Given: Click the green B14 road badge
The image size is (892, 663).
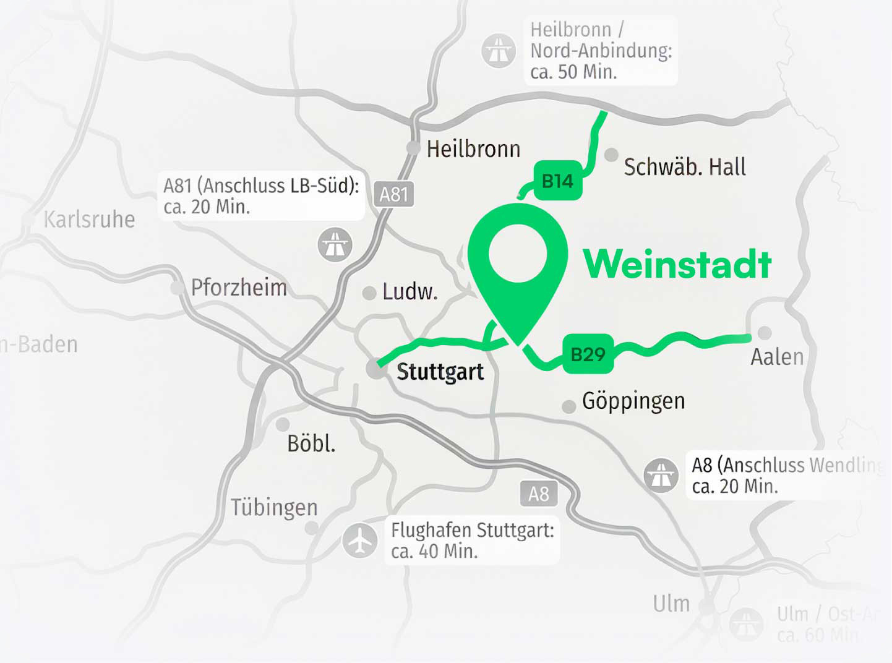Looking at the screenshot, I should point(557,181).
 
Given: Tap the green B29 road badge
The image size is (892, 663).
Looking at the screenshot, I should point(588,354).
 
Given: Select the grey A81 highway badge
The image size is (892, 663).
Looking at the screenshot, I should point(393,194).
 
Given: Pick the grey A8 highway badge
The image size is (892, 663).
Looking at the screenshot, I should point(538,494).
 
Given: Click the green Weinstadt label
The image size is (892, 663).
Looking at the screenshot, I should point(677,264).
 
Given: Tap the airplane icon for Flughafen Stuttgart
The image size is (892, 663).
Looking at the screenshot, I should point(359,541).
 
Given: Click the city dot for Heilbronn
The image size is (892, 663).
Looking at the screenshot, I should point(413,148).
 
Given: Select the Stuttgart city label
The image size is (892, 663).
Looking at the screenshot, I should point(440,372).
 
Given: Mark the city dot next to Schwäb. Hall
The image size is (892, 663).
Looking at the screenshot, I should point(611,155).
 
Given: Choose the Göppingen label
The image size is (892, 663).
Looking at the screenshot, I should point(633,401).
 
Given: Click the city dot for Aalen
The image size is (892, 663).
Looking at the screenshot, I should point(765,333).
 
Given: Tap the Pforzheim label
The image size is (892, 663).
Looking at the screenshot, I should point(239,288).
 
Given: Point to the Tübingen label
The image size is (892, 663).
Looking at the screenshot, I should point(274,507).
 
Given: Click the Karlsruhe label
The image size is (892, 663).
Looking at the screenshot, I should point(89,220).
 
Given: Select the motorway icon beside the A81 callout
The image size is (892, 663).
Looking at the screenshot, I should point(335,244).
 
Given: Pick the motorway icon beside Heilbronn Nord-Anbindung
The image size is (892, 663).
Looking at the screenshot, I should point(498,50).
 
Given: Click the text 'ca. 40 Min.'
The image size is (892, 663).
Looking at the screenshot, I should point(434,551).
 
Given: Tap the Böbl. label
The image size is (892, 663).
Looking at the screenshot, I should point(311,443).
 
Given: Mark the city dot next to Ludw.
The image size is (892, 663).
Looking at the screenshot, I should point(369,293).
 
